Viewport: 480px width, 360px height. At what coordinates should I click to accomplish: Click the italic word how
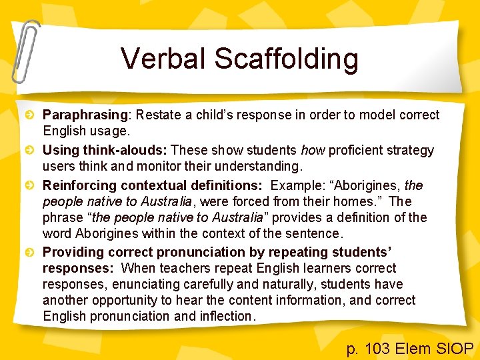[x=313, y=150]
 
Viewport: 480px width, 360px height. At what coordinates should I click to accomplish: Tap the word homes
[x=361, y=201]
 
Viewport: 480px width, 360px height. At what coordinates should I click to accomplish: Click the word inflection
[x=227, y=316]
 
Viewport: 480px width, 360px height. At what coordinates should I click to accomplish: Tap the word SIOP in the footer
[x=453, y=348]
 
